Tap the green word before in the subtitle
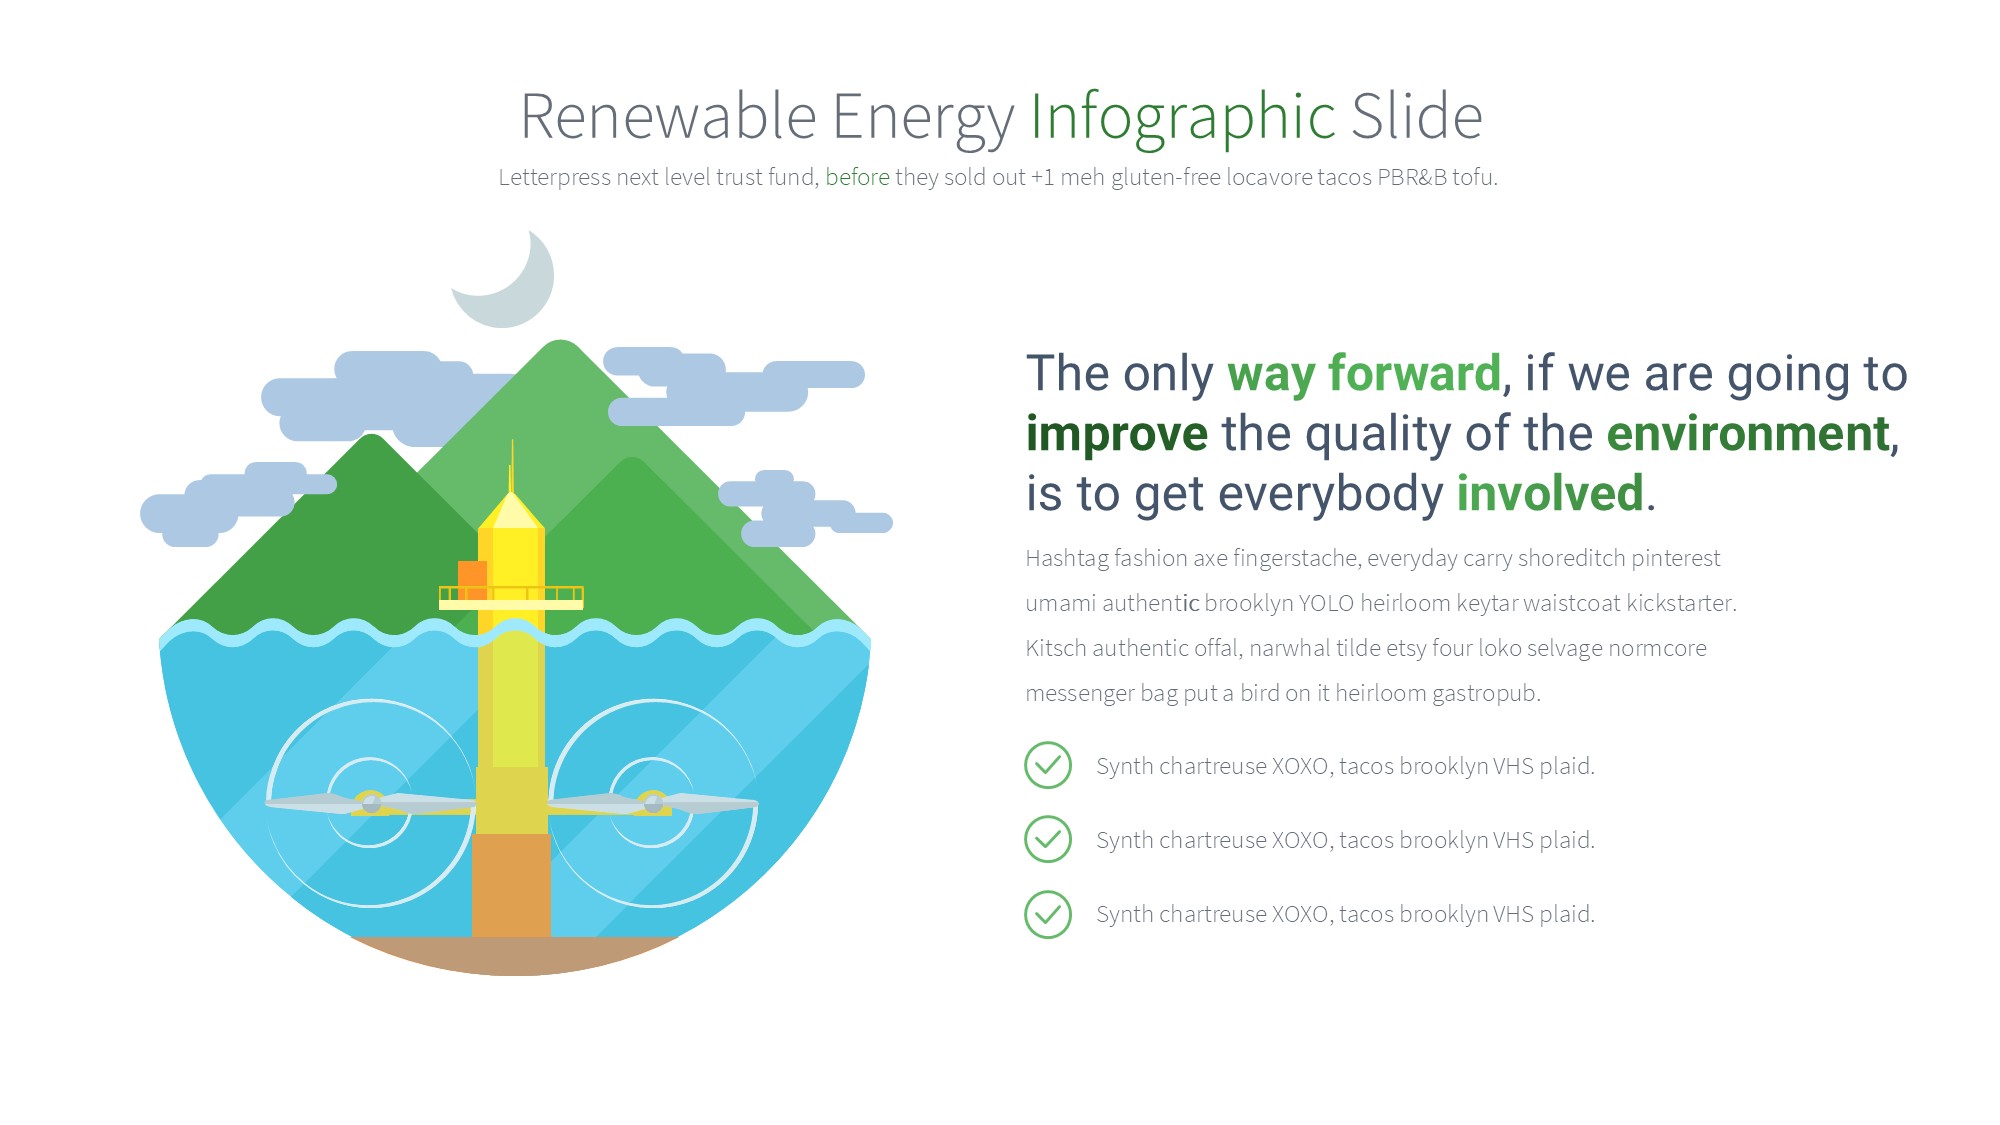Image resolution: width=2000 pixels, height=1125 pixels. coord(857,177)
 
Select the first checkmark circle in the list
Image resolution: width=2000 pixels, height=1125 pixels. coord(1048,766)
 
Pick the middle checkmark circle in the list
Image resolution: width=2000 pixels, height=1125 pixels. coord(1048,840)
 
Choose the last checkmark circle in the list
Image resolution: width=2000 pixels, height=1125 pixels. coord(1048,914)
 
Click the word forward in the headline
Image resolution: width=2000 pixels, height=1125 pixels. coord(1415,373)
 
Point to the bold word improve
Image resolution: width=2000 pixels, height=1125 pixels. coord(1117,435)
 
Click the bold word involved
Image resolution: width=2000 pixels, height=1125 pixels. coord(1550,493)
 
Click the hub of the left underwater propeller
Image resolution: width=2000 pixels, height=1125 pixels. coord(370,802)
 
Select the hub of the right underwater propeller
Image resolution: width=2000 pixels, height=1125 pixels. coord(653,802)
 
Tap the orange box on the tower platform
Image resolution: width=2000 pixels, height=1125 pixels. coord(472,579)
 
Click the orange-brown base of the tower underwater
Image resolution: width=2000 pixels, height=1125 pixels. coord(511,886)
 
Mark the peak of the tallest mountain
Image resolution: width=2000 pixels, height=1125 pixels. coord(560,342)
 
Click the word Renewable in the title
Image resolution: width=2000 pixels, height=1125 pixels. coord(669,117)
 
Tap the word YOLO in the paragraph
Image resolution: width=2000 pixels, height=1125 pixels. coord(1326,603)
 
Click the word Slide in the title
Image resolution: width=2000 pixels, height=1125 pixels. coord(1417,116)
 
